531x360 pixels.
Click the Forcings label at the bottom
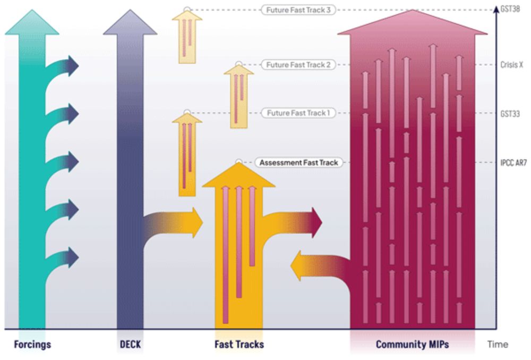tap(32, 345)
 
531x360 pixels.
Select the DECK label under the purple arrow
tap(130, 345)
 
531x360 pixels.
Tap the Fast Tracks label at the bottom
tap(239, 345)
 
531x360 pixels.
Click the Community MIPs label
tap(412, 345)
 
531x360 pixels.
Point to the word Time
tap(498, 345)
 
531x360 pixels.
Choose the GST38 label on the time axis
tap(511, 9)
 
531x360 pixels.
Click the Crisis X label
tap(512, 65)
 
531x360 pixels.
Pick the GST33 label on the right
tap(511, 113)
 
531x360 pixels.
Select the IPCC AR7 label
tap(513, 162)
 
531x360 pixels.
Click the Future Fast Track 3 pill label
tap(298, 10)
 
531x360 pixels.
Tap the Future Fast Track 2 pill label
tap(298, 65)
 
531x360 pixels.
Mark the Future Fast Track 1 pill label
tap(298, 113)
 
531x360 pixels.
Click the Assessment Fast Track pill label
tap(298, 162)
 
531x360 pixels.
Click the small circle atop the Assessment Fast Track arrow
tap(239, 161)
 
